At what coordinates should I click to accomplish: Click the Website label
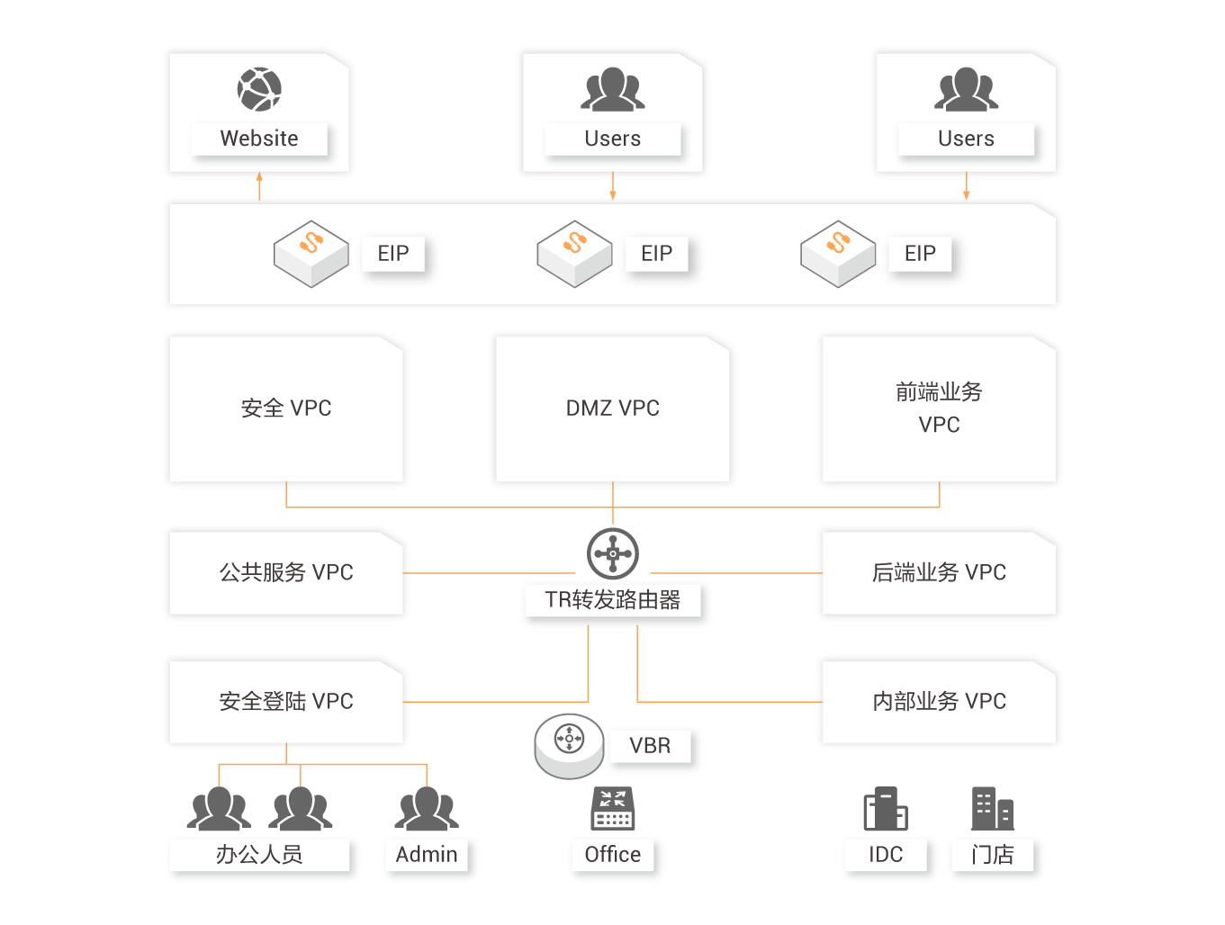coord(259,139)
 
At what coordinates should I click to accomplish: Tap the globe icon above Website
coord(259,89)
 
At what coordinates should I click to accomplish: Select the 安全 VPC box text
coord(286,409)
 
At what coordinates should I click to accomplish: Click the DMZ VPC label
coord(613,409)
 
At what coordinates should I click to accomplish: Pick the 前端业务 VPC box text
coord(939,408)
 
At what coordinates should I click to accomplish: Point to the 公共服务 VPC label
coord(286,572)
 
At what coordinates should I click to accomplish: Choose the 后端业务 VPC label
coord(939,572)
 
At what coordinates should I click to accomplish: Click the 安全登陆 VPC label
coord(286,701)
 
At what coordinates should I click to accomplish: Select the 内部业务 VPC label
coord(939,701)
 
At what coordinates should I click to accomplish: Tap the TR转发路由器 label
coord(613,600)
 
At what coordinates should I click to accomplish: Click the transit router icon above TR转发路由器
coord(613,552)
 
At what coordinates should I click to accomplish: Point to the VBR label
coord(650,746)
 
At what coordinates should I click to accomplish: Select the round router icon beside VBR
coord(569,743)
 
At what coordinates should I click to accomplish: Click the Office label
coord(613,855)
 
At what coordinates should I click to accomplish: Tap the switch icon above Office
coord(613,808)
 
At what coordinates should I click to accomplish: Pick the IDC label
coord(886,855)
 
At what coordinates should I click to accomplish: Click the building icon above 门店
coord(992,808)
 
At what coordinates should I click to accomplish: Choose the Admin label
coord(427,855)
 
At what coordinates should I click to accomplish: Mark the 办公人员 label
coord(259,855)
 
